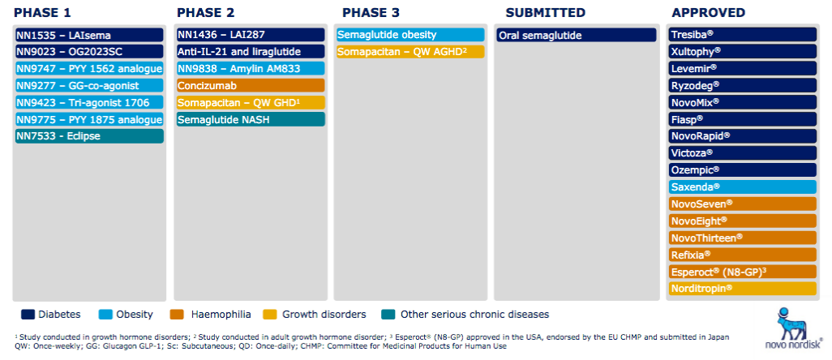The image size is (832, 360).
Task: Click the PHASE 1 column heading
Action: point(42,13)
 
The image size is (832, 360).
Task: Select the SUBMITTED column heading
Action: point(546,13)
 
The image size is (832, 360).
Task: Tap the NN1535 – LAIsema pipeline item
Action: point(89,35)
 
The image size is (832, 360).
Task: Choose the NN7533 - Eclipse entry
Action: point(89,136)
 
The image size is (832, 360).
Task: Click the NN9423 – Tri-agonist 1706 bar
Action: point(89,102)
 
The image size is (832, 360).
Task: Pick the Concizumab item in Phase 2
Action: point(251,85)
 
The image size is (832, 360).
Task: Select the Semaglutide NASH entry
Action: point(251,119)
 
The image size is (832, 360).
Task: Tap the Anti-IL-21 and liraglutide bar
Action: point(251,51)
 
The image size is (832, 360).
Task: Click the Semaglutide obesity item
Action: point(410,35)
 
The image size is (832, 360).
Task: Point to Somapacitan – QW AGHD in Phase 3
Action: point(410,51)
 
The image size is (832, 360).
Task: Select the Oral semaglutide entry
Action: point(577,35)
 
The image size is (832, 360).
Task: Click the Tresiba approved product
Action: point(742,35)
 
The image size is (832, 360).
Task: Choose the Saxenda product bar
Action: point(742,186)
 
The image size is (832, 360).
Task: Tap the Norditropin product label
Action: point(742,289)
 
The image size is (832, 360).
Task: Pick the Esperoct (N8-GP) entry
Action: point(742,272)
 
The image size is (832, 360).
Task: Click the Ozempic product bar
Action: point(742,169)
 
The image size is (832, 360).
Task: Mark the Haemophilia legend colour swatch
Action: point(178,315)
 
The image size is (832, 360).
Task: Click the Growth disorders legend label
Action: point(324,315)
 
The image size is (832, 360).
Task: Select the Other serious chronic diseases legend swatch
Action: point(388,315)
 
